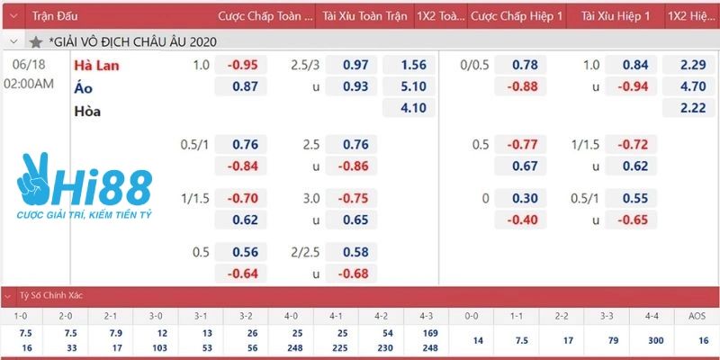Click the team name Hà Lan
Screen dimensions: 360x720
pyautogui.click(x=96, y=65)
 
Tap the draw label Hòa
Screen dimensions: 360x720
pyautogui.click(x=87, y=111)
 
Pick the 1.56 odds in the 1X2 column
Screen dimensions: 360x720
pyautogui.click(x=411, y=65)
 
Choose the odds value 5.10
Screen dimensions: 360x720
pyautogui.click(x=411, y=87)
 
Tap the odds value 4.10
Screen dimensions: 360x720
pyautogui.click(x=411, y=110)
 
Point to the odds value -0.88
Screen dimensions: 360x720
pyautogui.click(x=526, y=87)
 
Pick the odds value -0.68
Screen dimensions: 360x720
pyautogui.click(x=355, y=274)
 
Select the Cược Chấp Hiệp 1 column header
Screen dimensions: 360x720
pyautogui.click(x=517, y=16)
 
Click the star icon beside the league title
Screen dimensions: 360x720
pyautogui.click(x=36, y=41)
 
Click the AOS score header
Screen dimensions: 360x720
pyautogui.click(x=696, y=316)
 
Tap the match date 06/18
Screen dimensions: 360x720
pyautogui.click(x=30, y=65)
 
